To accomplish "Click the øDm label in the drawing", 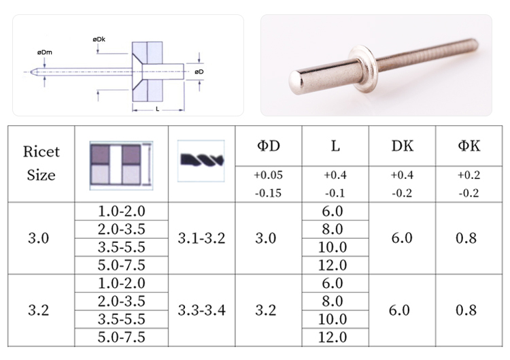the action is click(45, 52).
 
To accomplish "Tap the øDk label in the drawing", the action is click(99, 39).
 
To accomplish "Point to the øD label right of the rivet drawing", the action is click(199, 71).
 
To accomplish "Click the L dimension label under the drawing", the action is click(158, 109).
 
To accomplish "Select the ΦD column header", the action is click(269, 146).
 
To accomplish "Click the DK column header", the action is click(403, 146).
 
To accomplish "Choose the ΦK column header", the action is click(469, 146).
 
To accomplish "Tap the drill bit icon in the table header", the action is click(202, 160).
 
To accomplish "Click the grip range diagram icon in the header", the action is click(121, 165).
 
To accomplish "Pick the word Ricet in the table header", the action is click(41, 152).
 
